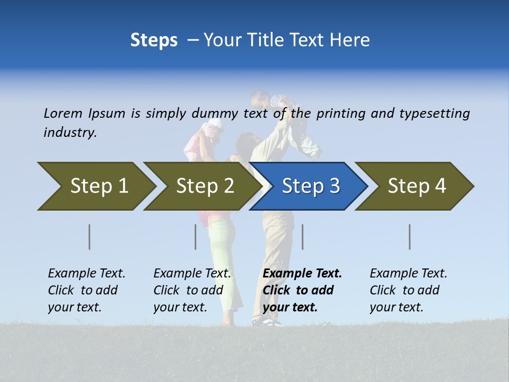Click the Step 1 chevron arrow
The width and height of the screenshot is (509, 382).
95,186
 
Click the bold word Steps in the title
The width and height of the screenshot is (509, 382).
154,40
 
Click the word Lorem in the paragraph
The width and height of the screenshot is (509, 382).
63,113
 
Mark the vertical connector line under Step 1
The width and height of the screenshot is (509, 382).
90,237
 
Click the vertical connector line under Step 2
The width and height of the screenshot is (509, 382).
196,237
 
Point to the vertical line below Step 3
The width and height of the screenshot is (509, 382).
302,237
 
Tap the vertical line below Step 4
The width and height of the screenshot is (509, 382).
410,237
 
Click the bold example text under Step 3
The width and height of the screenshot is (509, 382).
301,290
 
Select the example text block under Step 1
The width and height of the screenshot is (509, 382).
86,290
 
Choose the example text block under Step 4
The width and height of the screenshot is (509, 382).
408,290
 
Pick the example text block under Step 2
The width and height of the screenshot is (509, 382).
191,290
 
